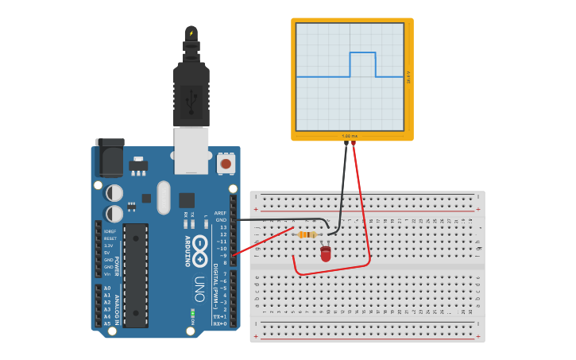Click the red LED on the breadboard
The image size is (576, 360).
326,254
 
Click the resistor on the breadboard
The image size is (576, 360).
307,234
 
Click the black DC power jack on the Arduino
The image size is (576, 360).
110,157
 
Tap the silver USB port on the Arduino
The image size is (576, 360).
191,150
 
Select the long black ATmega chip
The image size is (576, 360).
136,275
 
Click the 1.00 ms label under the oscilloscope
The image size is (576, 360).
350,136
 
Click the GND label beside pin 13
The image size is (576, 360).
221,220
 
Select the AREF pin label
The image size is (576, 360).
220,213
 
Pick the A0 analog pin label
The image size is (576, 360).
107,288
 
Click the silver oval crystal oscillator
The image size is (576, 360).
164,197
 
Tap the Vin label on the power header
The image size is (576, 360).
107,274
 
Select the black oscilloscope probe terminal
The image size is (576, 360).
346,144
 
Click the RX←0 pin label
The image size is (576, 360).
219,323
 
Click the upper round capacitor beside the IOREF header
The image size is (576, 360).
114,193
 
